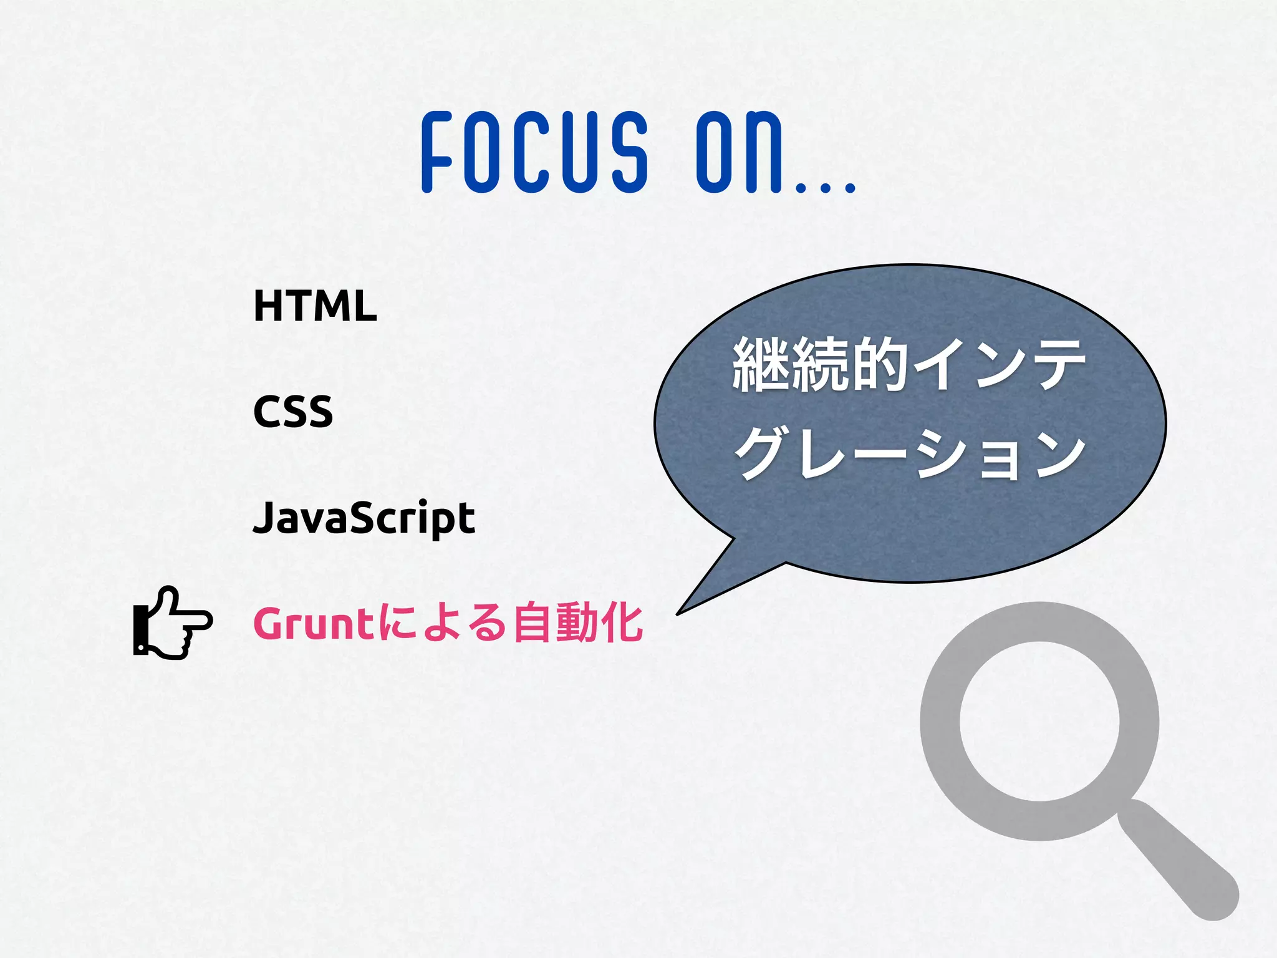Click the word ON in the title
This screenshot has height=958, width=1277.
740,152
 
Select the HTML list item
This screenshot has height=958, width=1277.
315,306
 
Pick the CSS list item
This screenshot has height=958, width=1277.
293,412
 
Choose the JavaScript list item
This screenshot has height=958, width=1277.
364,518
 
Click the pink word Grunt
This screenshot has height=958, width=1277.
314,624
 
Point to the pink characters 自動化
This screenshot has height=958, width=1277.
578,622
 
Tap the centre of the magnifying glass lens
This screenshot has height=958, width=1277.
1039,720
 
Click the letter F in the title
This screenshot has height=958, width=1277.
437,152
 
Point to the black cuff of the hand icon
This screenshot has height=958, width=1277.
140,630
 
